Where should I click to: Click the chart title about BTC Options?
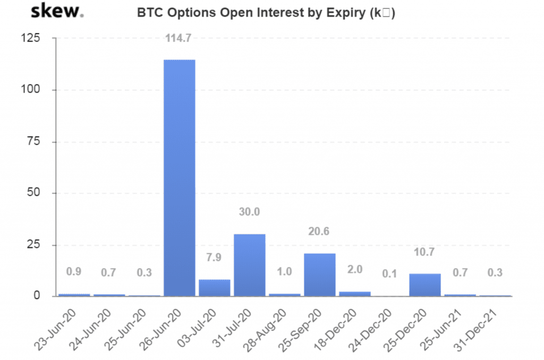266,13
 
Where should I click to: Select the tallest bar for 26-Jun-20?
180,177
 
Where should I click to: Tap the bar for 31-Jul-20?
250,264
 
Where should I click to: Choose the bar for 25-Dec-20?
425,285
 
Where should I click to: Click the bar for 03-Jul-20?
215,287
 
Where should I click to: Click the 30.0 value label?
250,212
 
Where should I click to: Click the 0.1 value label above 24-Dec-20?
390,273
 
